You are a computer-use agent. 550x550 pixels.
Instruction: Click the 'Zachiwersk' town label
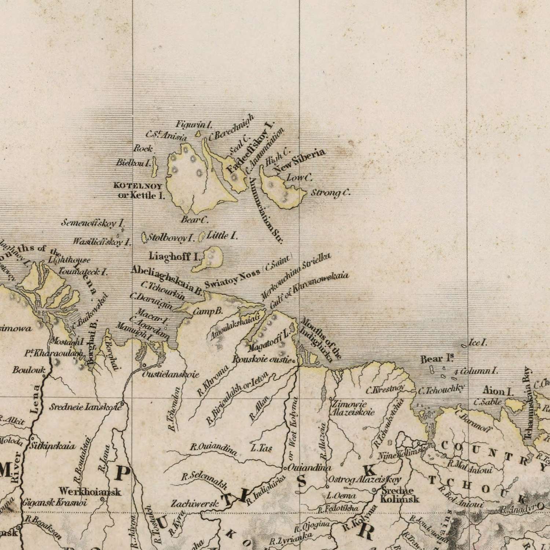(195, 504)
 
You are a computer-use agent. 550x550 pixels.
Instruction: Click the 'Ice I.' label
(478, 343)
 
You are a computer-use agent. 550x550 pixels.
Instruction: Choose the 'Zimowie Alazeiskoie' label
(352, 408)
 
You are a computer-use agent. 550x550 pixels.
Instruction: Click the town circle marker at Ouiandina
(285, 468)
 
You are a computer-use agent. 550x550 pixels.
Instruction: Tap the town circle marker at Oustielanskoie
(144, 365)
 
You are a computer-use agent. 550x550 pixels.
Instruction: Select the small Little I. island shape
(201, 237)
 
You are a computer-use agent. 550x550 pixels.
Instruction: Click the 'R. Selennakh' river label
(204, 481)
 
